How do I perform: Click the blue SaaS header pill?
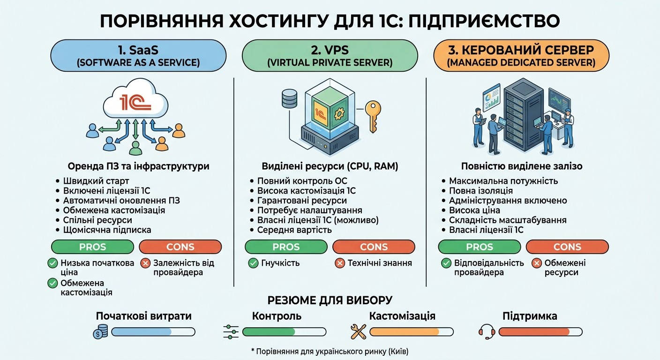(138, 55)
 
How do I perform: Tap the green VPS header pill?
(330, 55)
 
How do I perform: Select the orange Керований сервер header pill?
(521, 55)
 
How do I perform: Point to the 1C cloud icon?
(135, 102)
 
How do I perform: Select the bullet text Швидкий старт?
(96, 181)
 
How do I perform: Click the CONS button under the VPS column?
(374, 247)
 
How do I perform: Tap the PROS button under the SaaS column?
(93, 247)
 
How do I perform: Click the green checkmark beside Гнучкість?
(253, 263)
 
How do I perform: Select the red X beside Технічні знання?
(340, 263)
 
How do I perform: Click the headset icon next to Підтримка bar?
(487, 332)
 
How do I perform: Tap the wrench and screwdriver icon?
(358, 331)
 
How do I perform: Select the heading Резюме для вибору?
(330, 300)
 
